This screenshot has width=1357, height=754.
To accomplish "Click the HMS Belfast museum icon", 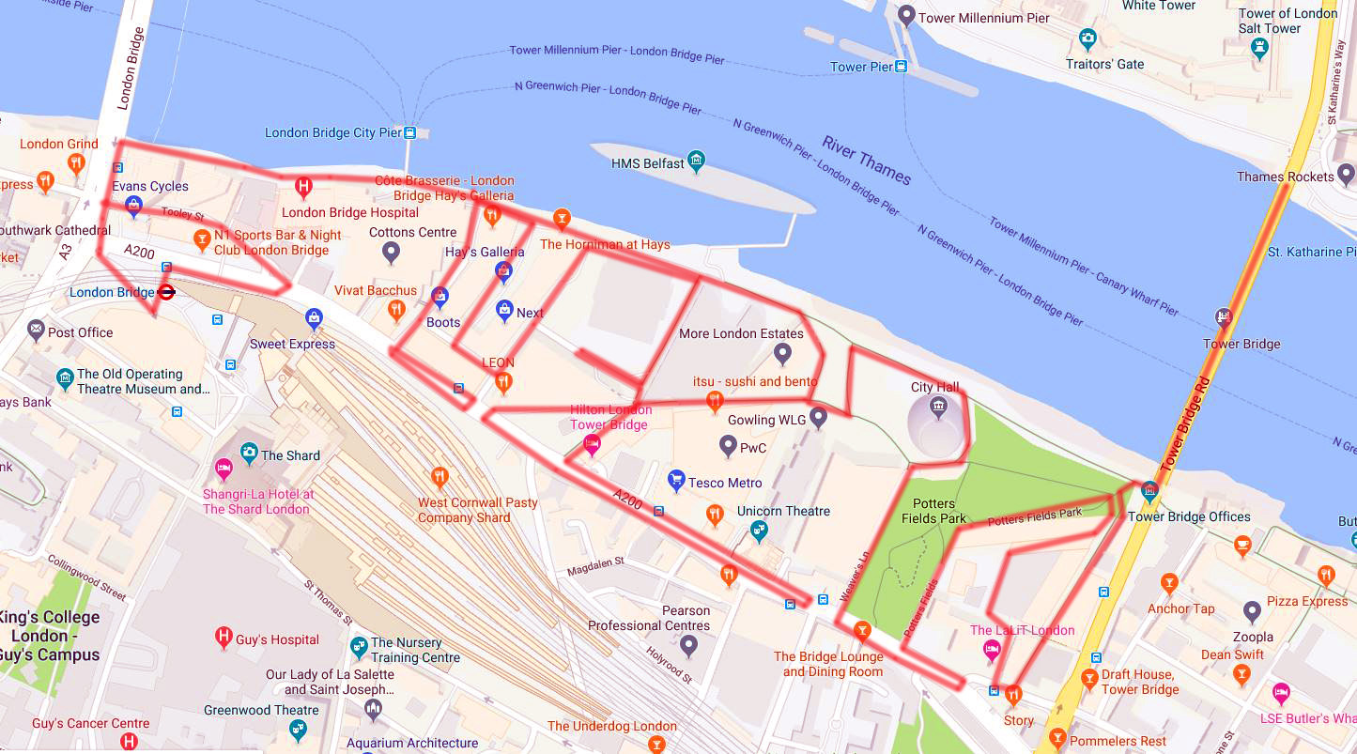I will [x=696, y=162].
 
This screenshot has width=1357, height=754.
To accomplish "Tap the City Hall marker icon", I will [x=937, y=406].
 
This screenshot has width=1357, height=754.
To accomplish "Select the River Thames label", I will [x=866, y=161].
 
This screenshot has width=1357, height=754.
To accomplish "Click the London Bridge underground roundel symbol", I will [x=166, y=292].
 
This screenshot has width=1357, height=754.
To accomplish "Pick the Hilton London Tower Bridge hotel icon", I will [x=592, y=443].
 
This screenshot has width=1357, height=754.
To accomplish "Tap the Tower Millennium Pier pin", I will [x=906, y=16].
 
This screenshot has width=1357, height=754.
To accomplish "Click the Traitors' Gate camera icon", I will [x=1087, y=39].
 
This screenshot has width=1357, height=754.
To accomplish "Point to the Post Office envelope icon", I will [x=36, y=330].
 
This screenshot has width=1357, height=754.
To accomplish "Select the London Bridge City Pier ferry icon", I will [x=409, y=133].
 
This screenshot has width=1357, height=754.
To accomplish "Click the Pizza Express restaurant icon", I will [x=1325, y=575].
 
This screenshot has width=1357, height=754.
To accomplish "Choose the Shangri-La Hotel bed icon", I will [x=224, y=468].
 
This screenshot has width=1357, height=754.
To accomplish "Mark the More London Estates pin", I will [x=782, y=355].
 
